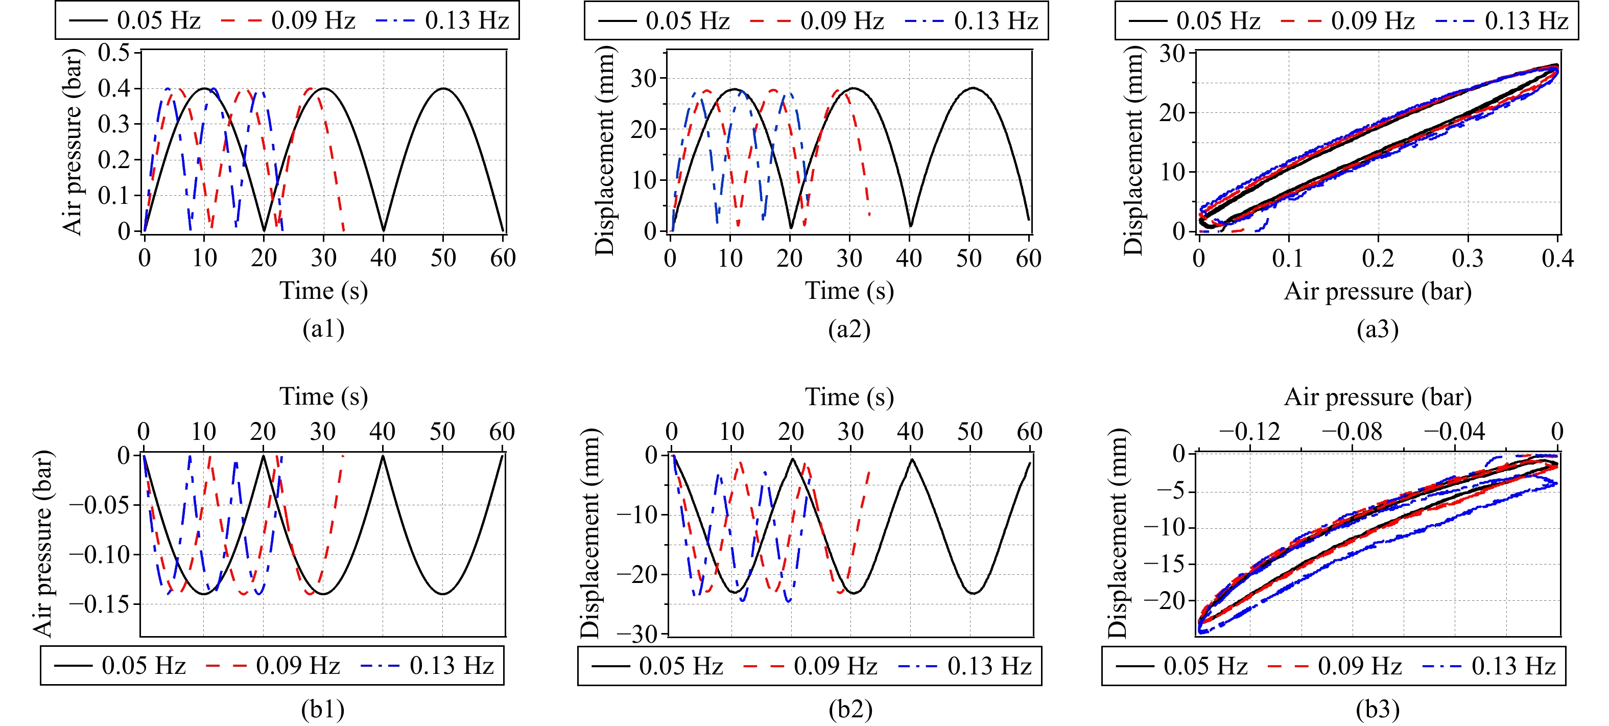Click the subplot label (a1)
point(323,329)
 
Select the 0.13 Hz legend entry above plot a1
point(443,20)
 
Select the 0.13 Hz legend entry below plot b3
point(1489,666)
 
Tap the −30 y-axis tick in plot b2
point(637,635)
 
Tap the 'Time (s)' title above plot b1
point(323,397)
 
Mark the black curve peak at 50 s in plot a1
point(443,89)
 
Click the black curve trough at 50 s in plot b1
point(443,594)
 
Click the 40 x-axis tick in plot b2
point(910,432)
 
